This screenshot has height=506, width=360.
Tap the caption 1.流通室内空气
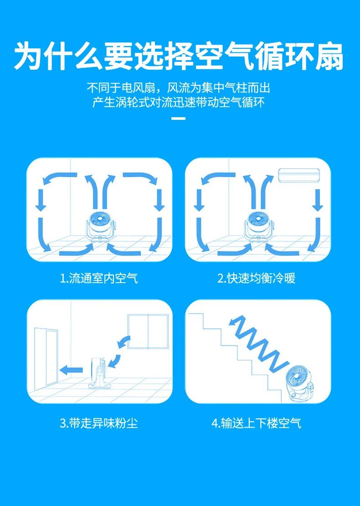[99, 278]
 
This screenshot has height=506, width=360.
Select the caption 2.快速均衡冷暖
[257, 278]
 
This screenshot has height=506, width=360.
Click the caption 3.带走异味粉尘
[99, 423]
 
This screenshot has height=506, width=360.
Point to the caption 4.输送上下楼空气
[257, 423]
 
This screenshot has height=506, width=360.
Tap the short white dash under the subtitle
[180, 119]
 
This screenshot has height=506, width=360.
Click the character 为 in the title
[29, 56]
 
